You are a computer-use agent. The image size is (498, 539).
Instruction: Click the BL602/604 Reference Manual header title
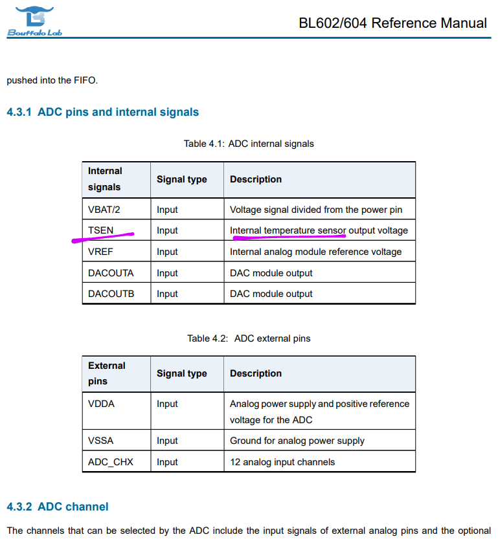392,23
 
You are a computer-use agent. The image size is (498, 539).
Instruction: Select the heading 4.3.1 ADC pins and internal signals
102,112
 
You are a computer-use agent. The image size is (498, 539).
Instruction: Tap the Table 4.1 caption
249,144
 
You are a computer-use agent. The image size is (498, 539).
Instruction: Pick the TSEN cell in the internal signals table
100,230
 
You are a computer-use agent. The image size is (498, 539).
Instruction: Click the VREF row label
100,252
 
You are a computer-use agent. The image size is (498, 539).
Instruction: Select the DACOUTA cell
111,273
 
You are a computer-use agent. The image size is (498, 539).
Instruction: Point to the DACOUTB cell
111,294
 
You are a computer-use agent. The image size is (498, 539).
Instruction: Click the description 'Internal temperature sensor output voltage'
319,230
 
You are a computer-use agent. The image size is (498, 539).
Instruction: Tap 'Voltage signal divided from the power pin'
316,210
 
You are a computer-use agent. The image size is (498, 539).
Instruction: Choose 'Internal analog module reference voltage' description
315,252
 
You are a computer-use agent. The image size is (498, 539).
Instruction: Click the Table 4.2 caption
249,338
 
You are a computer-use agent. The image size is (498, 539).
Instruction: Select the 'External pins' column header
107,373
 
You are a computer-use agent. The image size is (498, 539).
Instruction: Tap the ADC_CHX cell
111,462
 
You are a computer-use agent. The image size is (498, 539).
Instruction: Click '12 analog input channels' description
282,462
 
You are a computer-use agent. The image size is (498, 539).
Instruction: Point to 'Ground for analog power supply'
297,441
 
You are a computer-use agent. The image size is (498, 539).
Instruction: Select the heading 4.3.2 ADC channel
58,507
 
